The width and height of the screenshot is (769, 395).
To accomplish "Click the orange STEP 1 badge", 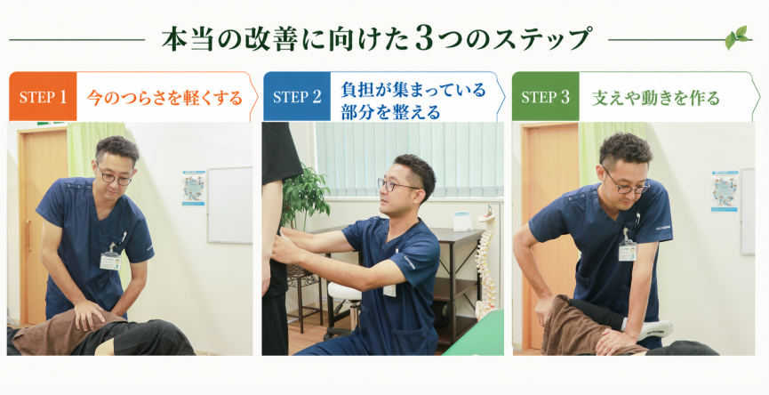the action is [43, 97].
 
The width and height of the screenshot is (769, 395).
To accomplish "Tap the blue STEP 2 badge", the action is [297, 97].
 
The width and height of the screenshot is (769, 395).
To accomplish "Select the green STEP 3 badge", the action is [545, 97].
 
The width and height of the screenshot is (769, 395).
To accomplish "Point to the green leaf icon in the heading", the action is [738, 37].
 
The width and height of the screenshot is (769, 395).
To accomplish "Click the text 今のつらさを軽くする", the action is [164, 97].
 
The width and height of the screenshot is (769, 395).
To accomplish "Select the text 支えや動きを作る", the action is [656, 98].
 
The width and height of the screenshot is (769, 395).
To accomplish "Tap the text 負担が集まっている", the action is [413, 90].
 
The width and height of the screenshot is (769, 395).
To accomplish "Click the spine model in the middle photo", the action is [486, 262].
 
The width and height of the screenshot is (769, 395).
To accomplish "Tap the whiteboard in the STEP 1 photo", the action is [230, 206].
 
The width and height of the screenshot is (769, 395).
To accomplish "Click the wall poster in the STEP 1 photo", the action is [194, 188].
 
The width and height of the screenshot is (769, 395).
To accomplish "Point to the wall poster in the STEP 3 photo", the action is [725, 191].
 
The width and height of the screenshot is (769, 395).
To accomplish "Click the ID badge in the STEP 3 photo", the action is [628, 251].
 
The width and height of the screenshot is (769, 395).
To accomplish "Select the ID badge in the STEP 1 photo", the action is [110, 261].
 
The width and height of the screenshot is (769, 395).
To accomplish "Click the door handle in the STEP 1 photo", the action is [28, 235].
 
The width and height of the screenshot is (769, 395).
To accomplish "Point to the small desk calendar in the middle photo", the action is [462, 221].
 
